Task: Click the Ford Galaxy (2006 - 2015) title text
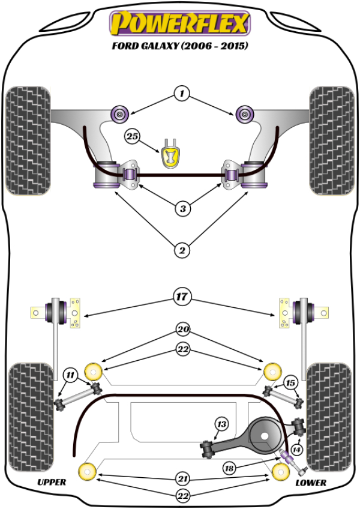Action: (179, 46)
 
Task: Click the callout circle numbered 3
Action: (182, 209)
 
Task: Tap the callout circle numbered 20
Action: (182, 329)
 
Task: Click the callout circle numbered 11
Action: (71, 376)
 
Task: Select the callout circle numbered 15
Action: (290, 383)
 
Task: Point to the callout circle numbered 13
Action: (221, 425)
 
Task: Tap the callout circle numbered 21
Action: (182, 478)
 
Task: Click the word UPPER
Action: (52, 483)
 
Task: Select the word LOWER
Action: (311, 483)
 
